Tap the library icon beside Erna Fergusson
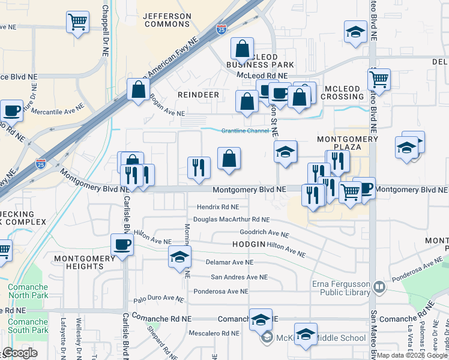pyautogui.click(x=379, y=287)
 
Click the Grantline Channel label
pyautogui.click(x=246, y=130)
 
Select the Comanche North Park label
pyautogui.click(x=28, y=291)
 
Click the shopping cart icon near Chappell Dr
pyautogui.click(x=77, y=22)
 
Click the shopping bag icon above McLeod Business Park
pyautogui.click(x=243, y=48)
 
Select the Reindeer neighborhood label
pyautogui.click(x=198, y=95)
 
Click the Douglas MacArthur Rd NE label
pyautogui.click(x=231, y=220)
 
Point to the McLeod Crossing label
pyautogui.click(x=342, y=92)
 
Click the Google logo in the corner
pyautogui.click(x=20, y=353)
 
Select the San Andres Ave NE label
pyautogui.click(x=238, y=277)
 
